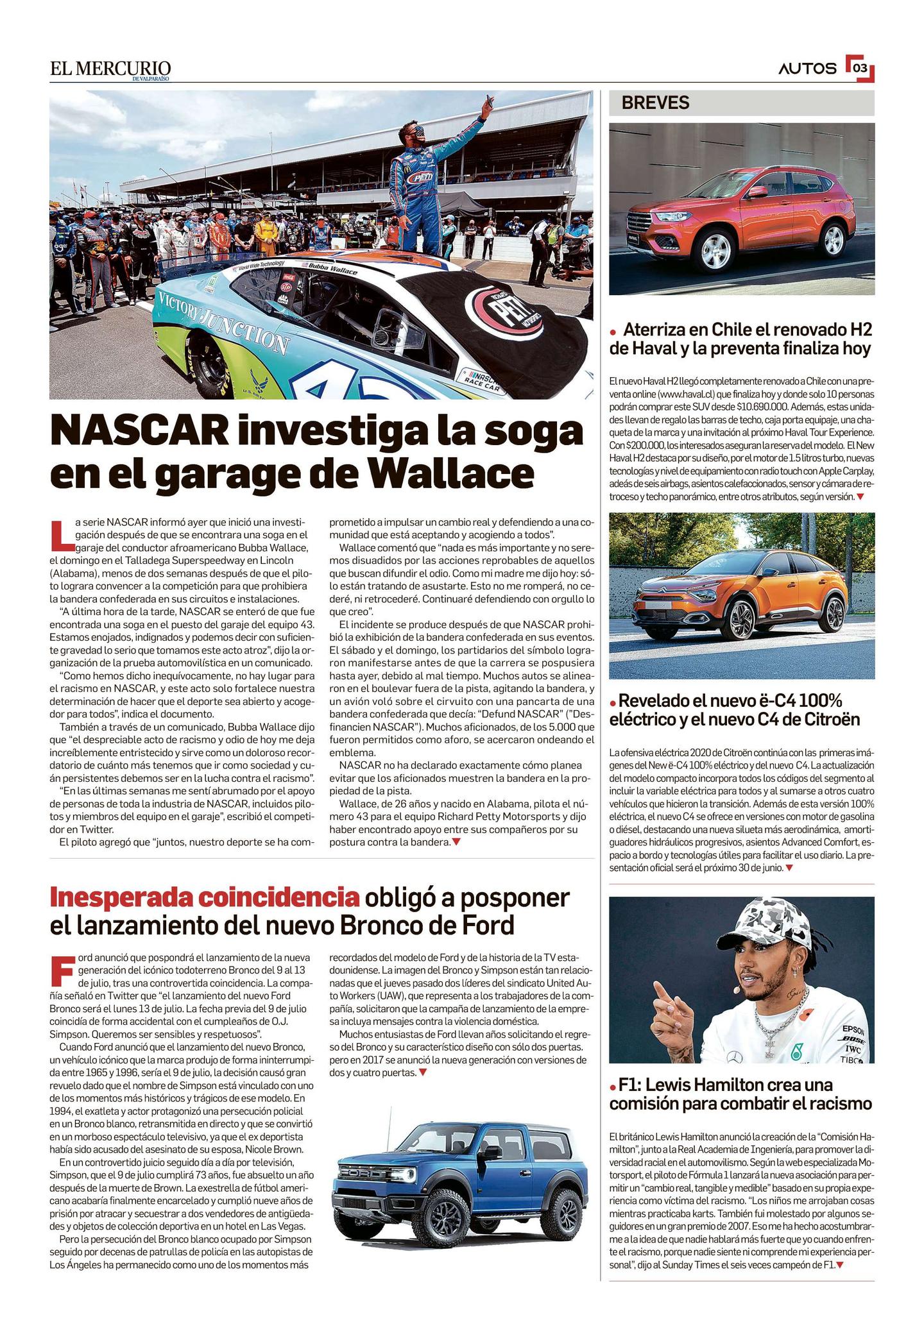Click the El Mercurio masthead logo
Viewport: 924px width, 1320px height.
click(x=110, y=69)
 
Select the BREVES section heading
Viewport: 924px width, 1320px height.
click(x=655, y=103)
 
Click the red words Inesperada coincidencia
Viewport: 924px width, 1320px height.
click(x=203, y=897)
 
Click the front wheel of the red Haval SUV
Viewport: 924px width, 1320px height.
click(x=715, y=252)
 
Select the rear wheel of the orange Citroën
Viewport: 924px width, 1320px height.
click(x=835, y=614)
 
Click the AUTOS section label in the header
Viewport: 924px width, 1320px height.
click(x=807, y=69)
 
